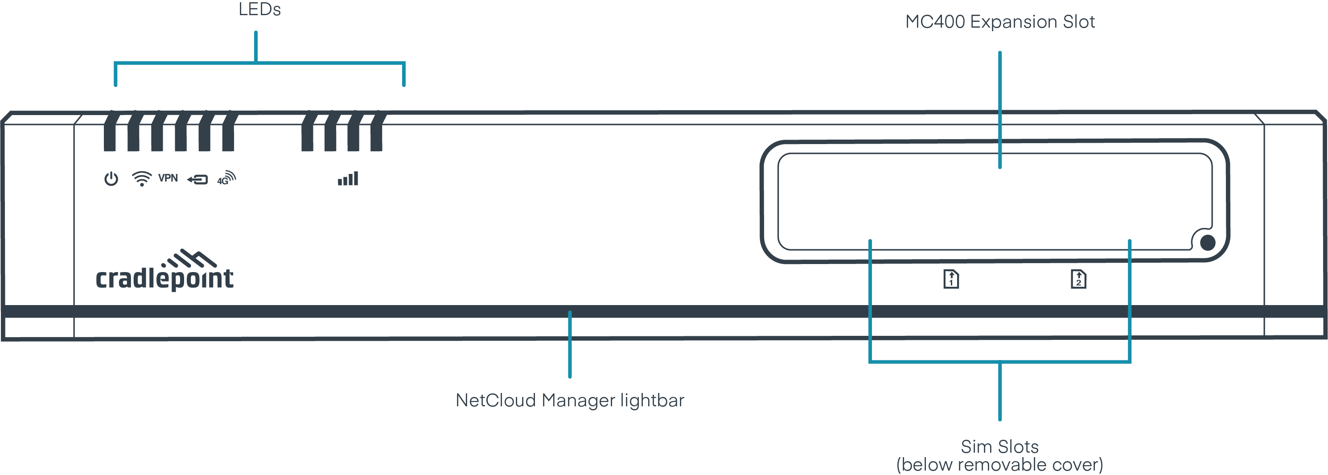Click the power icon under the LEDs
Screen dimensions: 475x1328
click(111, 179)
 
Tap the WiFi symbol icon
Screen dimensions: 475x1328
click(141, 178)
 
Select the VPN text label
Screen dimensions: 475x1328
click(168, 178)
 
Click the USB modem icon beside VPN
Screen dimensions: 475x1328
click(197, 179)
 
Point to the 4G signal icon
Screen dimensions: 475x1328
click(226, 178)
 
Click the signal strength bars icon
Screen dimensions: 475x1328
click(348, 179)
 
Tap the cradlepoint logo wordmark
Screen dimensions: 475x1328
click(164, 278)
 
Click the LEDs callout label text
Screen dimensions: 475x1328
click(259, 9)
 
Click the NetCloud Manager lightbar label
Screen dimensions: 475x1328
click(570, 400)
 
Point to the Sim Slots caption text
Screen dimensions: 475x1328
click(999, 446)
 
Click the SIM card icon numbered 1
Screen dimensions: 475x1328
click(951, 279)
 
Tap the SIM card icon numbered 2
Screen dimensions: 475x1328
click(1078, 279)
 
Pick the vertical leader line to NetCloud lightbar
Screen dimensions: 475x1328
click(570, 346)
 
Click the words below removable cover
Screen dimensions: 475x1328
click(999, 465)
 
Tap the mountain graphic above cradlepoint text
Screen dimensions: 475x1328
click(189, 258)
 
